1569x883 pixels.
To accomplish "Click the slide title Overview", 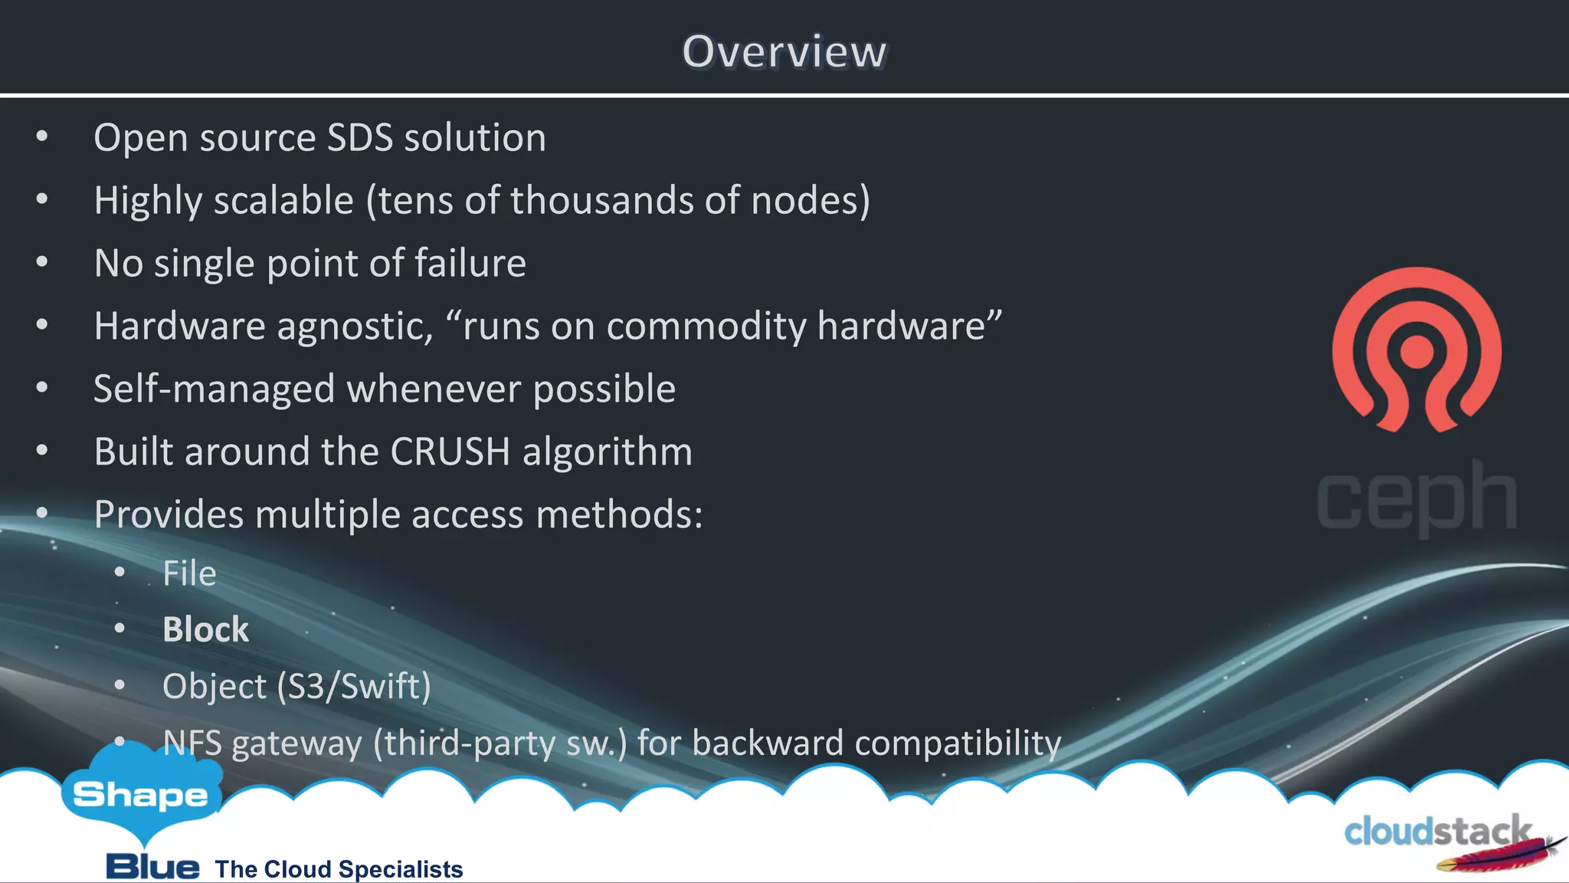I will (x=784, y=52).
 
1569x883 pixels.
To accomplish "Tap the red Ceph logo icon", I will (x=1417, y=349).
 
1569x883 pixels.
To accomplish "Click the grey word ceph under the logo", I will (x=1417, y=498).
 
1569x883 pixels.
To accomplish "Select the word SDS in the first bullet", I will (x=359, y=138).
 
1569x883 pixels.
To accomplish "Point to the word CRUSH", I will (x=450, y=451).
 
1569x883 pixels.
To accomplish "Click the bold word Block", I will (x=205, y=630).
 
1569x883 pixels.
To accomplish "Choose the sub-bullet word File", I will (x=189, y=573).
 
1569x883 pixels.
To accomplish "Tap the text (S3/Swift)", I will (x=354, y=686).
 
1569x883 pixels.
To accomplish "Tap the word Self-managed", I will (x=215, y=389).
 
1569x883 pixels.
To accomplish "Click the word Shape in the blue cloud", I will (x=140, y=796).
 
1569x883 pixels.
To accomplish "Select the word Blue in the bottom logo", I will (x=152, y=867).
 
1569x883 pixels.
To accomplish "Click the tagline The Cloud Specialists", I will (x=339, y=869).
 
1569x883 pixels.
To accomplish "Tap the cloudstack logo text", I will (x=1437, y=832).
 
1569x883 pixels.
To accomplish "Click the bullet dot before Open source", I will (x=42, y=137).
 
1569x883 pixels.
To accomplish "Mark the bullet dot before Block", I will (x=120, y=629).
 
